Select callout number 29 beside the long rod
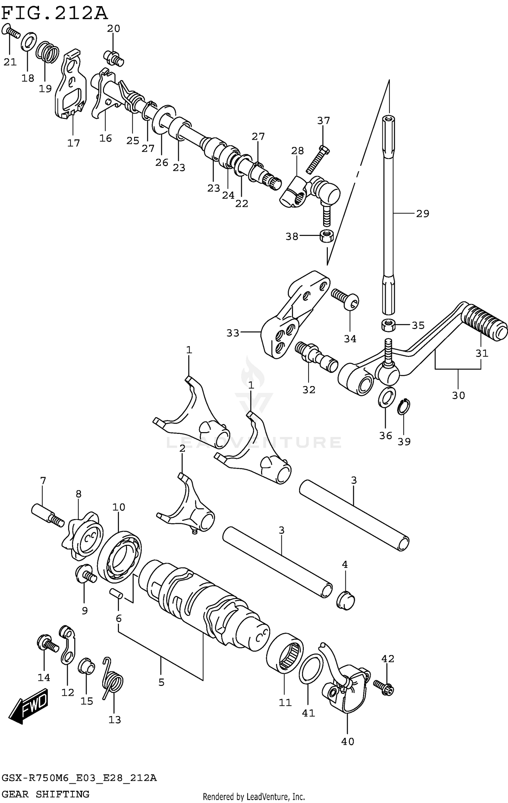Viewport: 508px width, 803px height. click(x=422, y=214)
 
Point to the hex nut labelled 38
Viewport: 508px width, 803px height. click(x=326, y=235)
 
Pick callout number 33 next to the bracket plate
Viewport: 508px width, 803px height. click(x=233, y=333)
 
